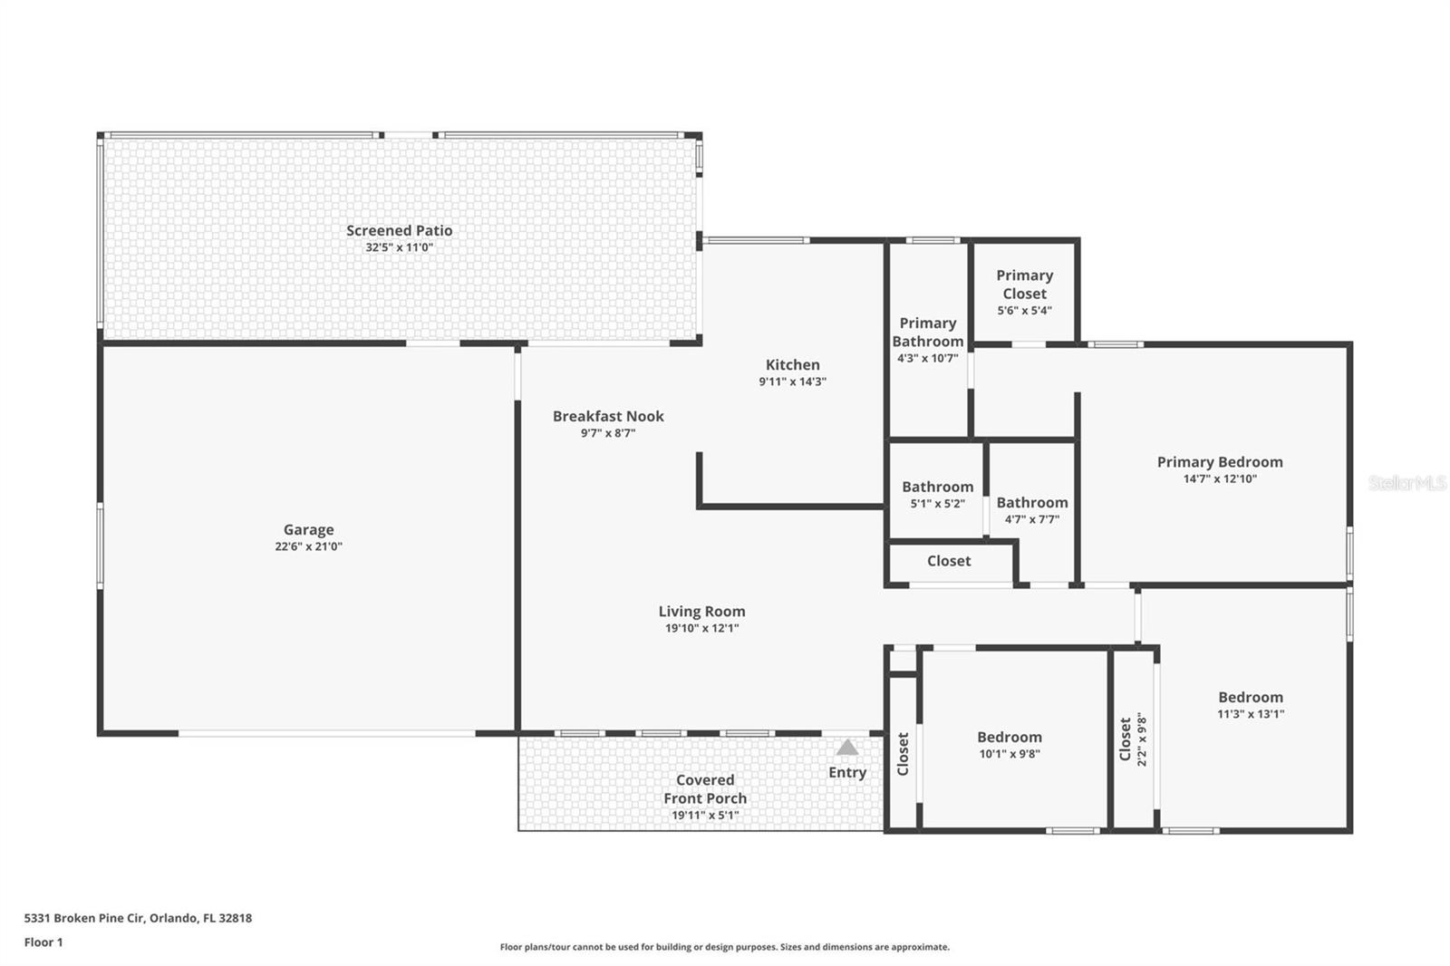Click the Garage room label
click(x=308, y=529)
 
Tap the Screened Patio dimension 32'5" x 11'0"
click(x=399, y=247)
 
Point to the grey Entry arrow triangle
click(x=847, y=748)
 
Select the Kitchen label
click(x=792, y=364)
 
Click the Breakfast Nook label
click(x=608, y=416)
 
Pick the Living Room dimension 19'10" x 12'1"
click(x=701, y=628)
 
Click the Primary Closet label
click(x=1024, y=284)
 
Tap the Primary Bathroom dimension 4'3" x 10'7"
click(x=927, y=358)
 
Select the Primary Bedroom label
click(x=1219, y=461)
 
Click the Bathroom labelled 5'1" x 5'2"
click(x=937, y=487)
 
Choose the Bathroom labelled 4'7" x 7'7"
click(x=1031, y=502)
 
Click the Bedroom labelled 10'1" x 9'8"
click(x=1009, y=737)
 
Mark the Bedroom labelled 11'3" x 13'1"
click(x=1250, y=697)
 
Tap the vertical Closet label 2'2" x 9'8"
click(x=1126, y=739)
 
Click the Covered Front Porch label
click(x=705, y=788)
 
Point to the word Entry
click(x=847, y=772)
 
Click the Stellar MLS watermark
click(x=1406, y=483)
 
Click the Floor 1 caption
click(x=43, y=942)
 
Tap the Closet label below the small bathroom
click(x=948, y=561)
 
